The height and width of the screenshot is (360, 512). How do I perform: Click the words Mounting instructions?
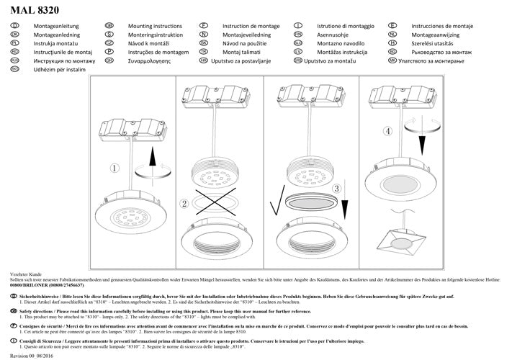pos(147,25)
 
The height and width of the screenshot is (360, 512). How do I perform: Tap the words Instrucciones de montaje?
pos(442,25)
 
